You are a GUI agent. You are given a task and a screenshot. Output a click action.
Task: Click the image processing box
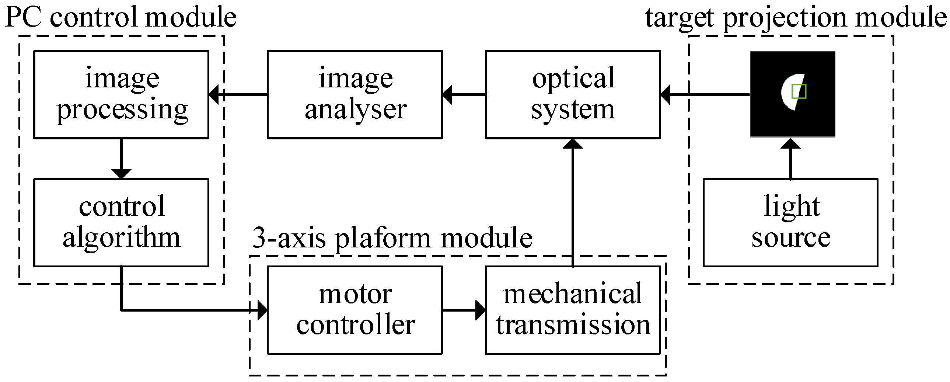coord(121,95)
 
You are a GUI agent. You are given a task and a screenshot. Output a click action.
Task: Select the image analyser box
coord(355,95)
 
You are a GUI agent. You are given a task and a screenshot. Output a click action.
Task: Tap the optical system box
coord(573,95)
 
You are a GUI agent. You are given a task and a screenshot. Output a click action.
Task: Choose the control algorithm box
coord(121,223)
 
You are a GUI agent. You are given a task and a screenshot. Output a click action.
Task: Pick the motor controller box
coord(355,310)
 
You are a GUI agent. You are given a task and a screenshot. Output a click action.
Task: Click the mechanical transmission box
coord(573,310)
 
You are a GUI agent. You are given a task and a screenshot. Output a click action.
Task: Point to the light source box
coord(790,223)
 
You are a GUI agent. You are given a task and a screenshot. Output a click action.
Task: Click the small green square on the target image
coord(799,91)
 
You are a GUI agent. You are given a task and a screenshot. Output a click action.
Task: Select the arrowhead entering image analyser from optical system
coord(447,95)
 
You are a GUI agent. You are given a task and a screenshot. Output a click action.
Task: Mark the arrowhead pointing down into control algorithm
coord(121,174)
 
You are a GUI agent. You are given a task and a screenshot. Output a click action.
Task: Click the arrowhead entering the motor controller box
coord(262,310)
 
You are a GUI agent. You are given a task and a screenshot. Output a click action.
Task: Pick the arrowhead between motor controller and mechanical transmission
coord(480,310)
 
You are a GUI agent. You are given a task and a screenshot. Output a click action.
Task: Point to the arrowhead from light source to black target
coord(790,143)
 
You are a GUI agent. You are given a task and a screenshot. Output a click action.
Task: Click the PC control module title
coord(121,17)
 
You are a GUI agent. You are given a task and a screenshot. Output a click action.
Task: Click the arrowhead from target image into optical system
coord(665,95)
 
